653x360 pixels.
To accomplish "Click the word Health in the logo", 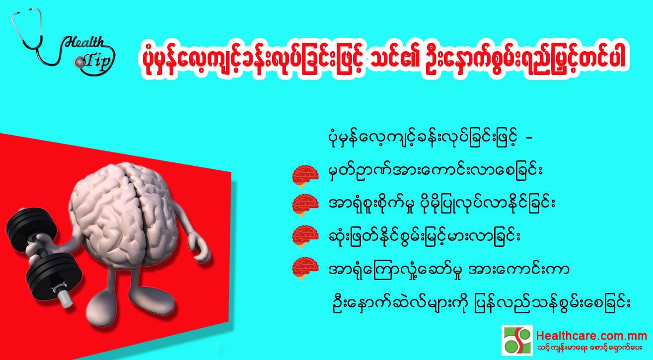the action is click(84, 43).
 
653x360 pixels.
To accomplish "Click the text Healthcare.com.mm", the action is click(591, 336).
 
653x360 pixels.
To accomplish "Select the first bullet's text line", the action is click(435, 172).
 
